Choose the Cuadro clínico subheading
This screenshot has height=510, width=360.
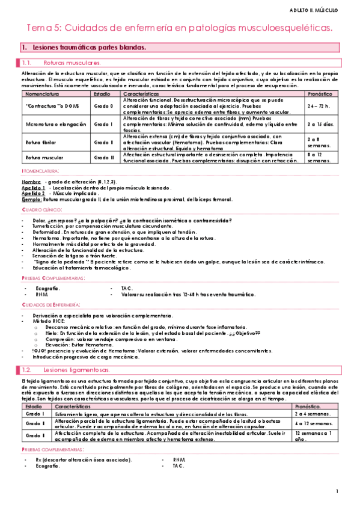40,209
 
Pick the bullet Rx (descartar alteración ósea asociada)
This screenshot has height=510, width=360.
84,459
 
